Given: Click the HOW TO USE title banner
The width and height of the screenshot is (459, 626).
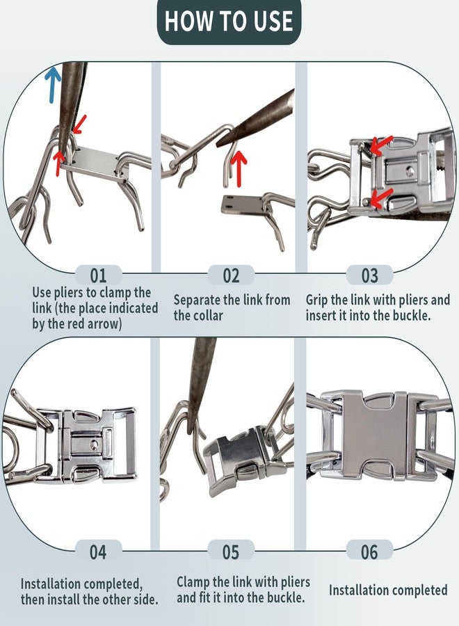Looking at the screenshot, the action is pos(229,22).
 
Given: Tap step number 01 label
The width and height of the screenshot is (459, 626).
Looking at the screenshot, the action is pos(98,275).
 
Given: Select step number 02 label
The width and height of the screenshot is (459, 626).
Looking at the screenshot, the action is pos(231,275).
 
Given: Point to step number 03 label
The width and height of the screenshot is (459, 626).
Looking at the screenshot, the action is pos(369,275).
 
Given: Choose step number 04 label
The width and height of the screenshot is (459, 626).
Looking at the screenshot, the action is pos(98,552).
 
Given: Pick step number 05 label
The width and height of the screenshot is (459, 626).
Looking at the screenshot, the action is pos(231,552).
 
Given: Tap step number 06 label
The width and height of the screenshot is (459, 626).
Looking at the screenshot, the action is pos(369,552).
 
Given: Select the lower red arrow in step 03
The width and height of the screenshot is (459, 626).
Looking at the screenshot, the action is pos(380,198).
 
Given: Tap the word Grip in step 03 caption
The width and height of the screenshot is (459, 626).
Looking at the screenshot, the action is pos(317,300).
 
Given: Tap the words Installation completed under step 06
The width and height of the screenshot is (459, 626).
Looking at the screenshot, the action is pos(388,590).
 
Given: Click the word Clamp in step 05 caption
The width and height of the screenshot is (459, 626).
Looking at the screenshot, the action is pos(193,582).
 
